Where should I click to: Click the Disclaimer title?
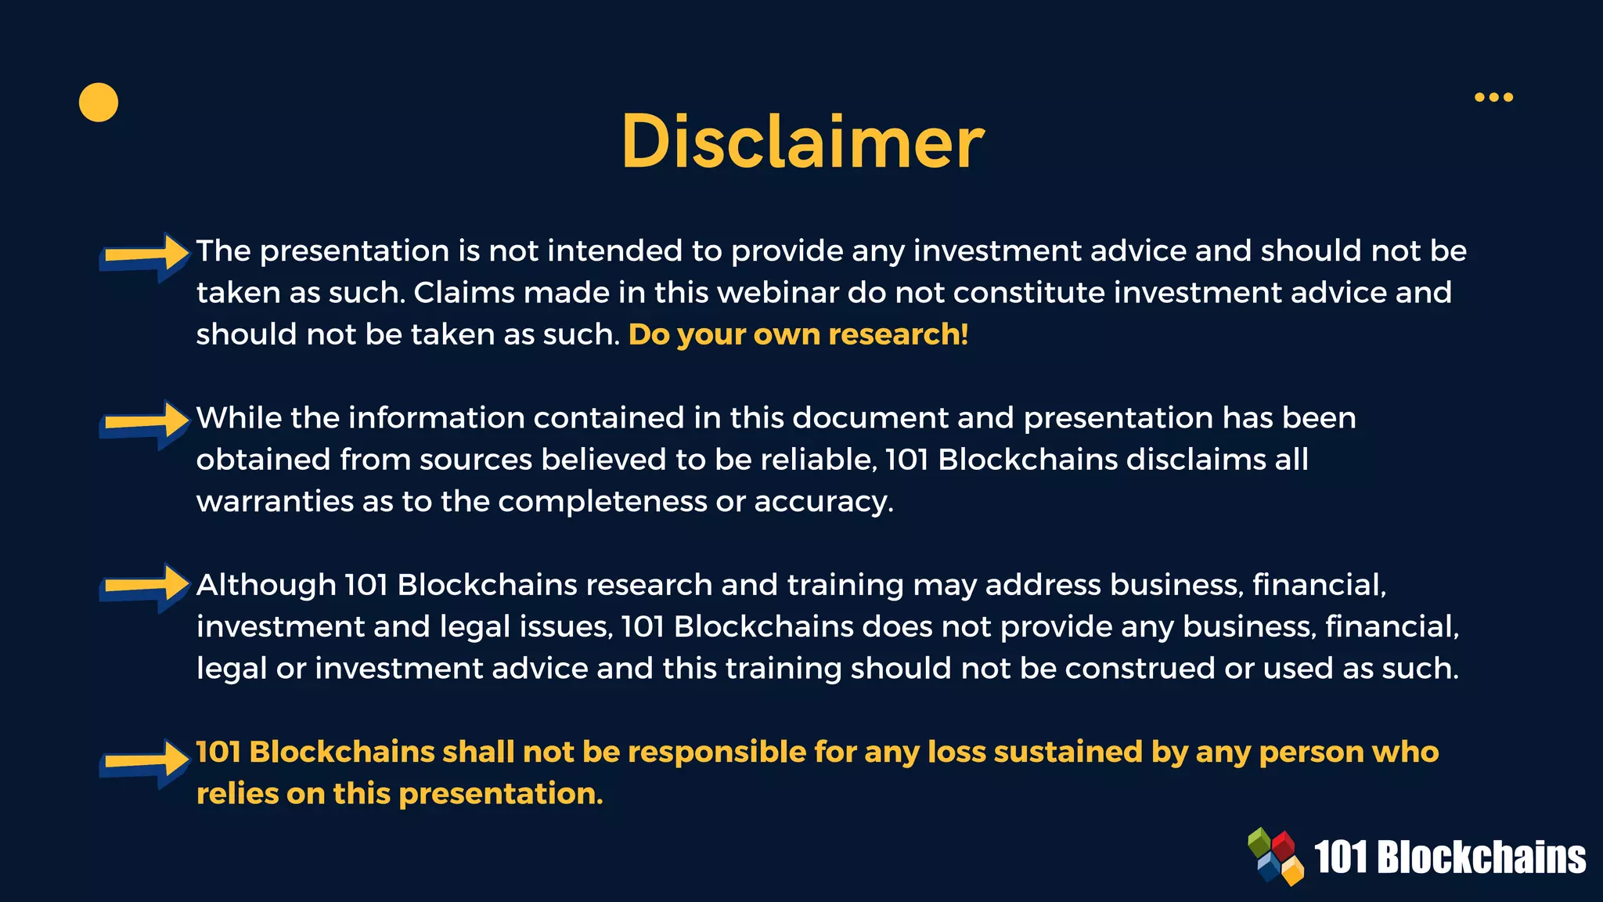802,142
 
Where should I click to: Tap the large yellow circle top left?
99,103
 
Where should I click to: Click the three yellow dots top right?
1493,97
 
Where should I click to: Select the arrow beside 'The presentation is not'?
145,255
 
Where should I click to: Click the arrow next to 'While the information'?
145,423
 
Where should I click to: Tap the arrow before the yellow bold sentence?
145,761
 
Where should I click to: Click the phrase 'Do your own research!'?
798,334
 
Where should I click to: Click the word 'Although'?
266,585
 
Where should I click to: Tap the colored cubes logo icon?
1276,857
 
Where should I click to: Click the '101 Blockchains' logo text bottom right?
1450,857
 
